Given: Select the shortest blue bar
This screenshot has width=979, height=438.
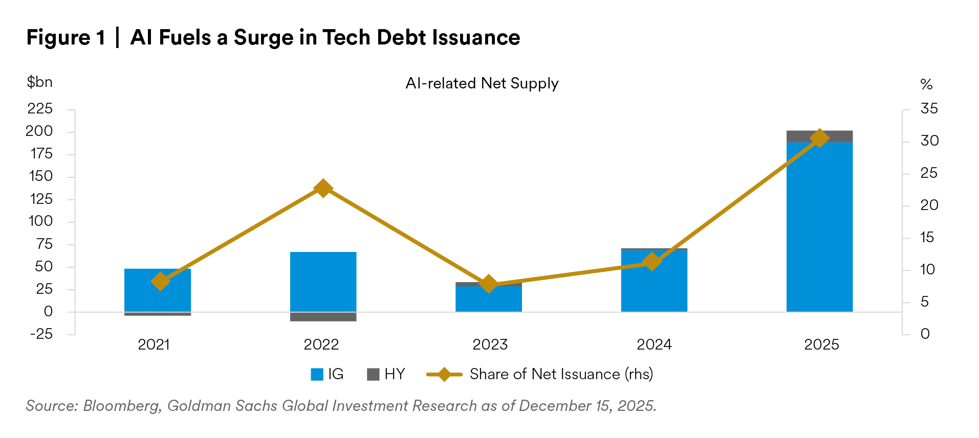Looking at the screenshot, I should [x=488, y=299].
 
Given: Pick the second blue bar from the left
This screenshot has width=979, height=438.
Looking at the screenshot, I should [x=323, y=282].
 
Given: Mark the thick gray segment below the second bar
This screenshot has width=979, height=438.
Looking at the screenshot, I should [x=323, y=317].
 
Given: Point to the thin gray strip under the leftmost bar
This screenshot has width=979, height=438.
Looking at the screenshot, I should [x=158, y=314].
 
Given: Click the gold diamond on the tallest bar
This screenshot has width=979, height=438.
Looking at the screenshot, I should [x=819, y=138].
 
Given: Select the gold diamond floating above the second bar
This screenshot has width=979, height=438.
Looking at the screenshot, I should [x=323, y=188].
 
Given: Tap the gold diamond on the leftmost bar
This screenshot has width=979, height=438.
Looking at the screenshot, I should [x=160, y=281].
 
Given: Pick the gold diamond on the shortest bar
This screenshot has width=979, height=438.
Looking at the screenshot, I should [x=488, y=283].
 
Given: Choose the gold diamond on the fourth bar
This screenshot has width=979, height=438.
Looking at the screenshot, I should [x=651, y=262].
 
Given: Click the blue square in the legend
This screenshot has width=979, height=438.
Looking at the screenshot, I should [x=317, y=375].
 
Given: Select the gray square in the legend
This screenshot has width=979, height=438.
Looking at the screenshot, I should [x=373, y=375].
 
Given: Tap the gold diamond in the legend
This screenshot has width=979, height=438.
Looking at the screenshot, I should [x=444, y=375].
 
